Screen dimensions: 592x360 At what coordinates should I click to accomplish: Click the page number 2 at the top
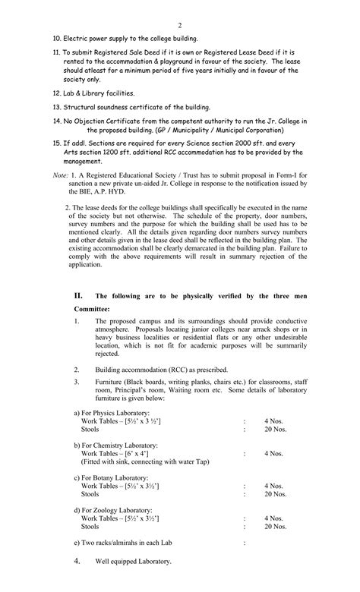coord(179,25)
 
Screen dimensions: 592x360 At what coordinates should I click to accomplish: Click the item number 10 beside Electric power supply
coord(55,38)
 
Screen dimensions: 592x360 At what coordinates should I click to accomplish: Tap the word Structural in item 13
coord(79,107)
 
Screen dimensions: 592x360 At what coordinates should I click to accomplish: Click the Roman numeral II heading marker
coord(78,294)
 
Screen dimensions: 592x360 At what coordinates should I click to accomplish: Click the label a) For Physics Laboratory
coord(112,412)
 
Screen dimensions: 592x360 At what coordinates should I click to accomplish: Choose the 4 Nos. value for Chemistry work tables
coord(273,453)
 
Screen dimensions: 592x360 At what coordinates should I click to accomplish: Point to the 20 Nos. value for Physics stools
coord(275,429)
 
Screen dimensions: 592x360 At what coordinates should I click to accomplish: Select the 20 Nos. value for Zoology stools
coord(275,526)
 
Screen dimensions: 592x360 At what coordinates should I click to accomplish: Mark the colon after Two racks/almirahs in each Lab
coord(245,543)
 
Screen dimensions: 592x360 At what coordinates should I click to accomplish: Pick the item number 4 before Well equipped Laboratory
coord(77,561)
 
